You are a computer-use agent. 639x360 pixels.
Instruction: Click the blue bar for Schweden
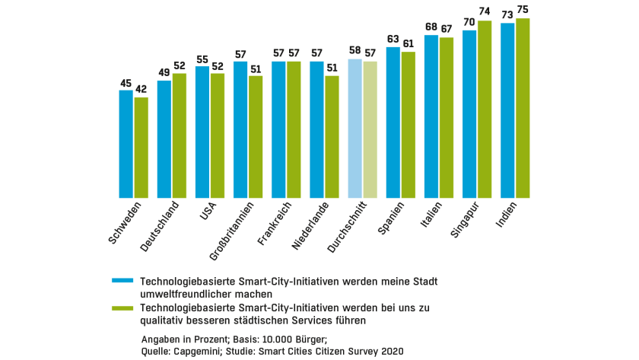[x=126, y=144]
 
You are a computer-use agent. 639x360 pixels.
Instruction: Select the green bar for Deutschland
[x=180, y=135]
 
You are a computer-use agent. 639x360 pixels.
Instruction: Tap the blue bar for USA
[x=202, y=132]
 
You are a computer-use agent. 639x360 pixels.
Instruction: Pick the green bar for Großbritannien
[x=256, y=137]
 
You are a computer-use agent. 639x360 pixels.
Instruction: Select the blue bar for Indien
[x=507, y=110]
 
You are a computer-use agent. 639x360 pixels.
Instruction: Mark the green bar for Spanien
[x=409, y=125]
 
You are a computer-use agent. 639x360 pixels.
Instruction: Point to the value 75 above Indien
[x=523, y=10]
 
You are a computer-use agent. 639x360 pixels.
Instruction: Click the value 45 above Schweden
[x=126, y=82]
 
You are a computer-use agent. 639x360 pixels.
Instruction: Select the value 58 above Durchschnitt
[x=354, y=51]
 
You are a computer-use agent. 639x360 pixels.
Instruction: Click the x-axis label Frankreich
[x=275, y=223]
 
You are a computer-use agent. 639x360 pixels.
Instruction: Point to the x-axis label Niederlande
[x=310, y=226]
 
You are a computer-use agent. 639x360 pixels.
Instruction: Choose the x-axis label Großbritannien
[x=230, y=230]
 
